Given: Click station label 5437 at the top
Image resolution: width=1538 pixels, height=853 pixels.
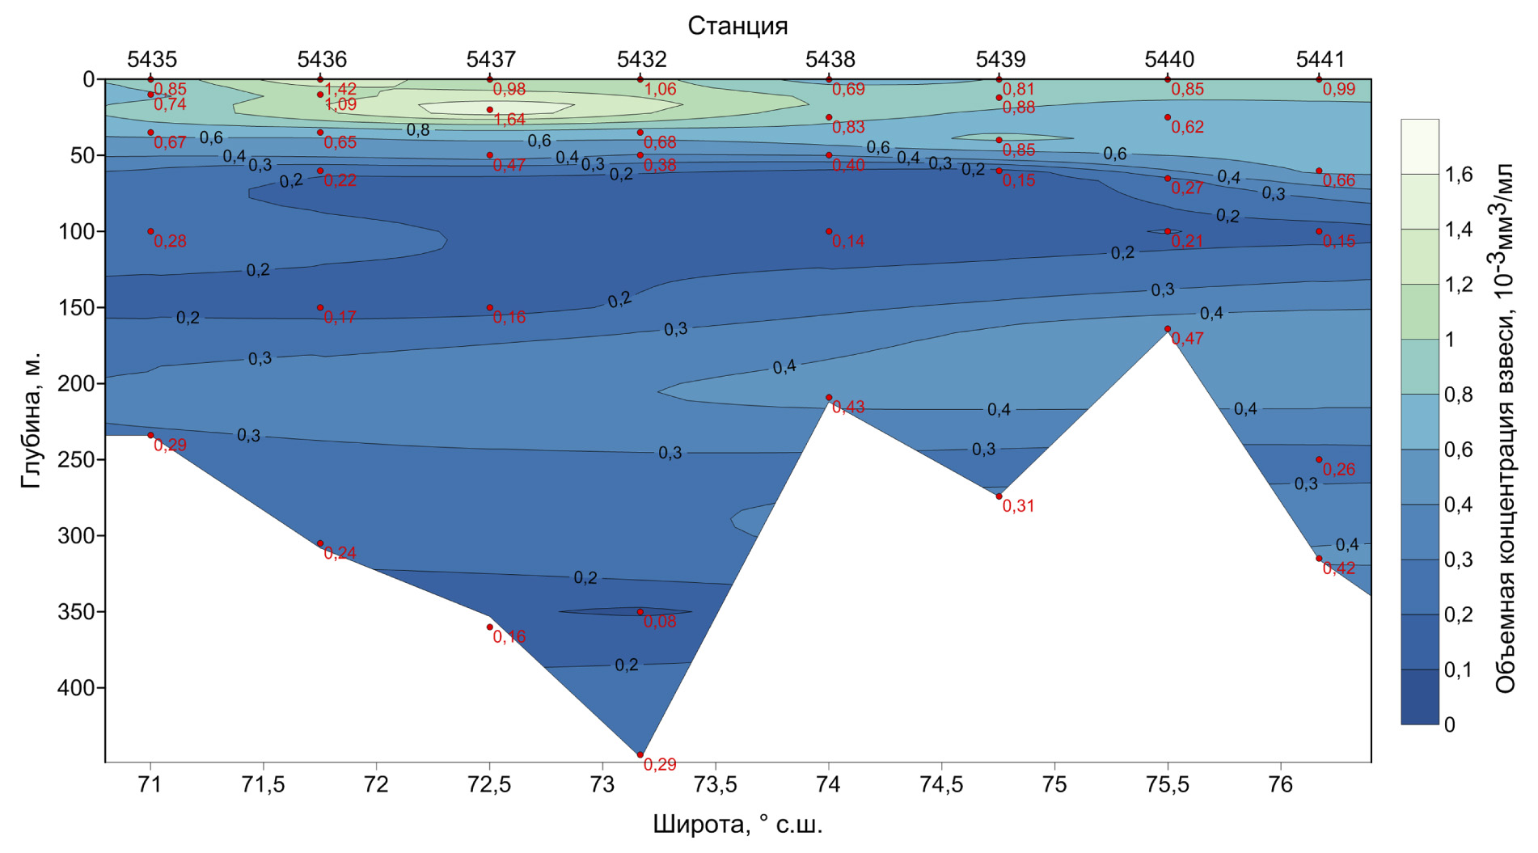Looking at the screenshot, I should pos(490,59).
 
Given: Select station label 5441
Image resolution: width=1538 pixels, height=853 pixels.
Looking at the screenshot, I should pos(1320,59).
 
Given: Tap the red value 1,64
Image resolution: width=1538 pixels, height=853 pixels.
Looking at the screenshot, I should pos(509,120).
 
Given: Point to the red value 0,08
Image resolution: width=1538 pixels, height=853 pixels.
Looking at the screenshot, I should pos(660,622).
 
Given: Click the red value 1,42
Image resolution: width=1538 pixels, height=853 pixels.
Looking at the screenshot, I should pos(340,89).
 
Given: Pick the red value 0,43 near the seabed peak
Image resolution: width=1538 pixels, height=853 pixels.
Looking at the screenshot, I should pos(848,407).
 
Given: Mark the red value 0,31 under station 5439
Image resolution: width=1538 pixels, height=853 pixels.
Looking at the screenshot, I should pos(1018,506).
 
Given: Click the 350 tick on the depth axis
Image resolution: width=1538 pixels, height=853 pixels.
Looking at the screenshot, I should pos(76,612).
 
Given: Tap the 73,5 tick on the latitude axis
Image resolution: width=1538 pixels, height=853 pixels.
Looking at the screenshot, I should pos(716,785).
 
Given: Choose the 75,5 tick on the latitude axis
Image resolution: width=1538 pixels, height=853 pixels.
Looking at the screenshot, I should pos(1168,785).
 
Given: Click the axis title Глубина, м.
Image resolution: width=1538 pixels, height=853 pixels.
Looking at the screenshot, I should pos(31,420).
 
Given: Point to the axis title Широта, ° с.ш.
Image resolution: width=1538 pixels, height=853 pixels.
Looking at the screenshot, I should pos(737,826).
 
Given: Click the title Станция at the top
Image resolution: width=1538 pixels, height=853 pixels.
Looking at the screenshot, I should pos(737,26).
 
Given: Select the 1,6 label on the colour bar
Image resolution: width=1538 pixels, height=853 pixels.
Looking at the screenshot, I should pos(1458,175).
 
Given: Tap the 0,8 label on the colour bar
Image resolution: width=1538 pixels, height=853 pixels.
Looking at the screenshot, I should pos(1458,395).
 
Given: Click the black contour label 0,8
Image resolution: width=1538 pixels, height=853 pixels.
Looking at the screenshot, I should pos(418,130).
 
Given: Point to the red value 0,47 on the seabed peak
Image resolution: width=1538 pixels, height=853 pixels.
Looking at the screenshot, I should pos(1187,339).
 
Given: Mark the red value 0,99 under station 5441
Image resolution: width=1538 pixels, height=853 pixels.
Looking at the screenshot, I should pos(1339,89).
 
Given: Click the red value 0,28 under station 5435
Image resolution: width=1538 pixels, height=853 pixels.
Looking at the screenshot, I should pos(170,241).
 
